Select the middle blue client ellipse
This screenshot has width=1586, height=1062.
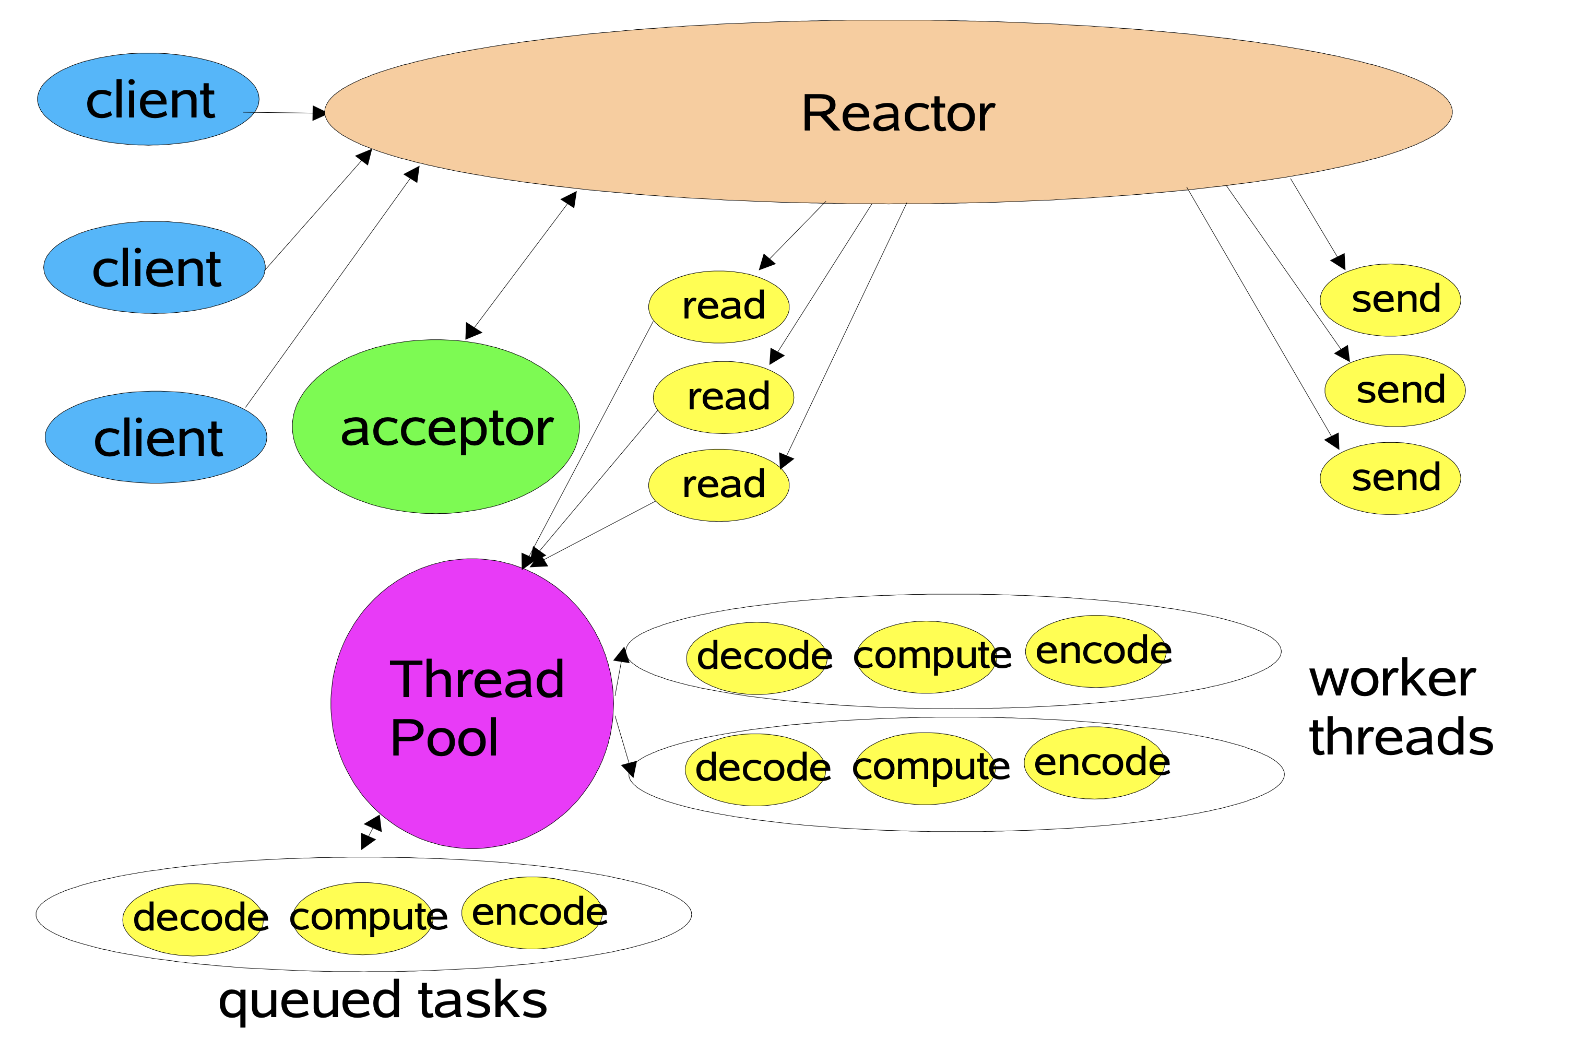155,267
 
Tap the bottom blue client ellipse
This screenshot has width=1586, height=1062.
156,437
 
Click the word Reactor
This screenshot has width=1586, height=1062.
897,113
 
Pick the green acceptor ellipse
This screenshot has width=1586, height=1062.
435,427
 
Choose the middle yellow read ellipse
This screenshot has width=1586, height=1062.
723,397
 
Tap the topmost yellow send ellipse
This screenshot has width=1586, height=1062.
1390,300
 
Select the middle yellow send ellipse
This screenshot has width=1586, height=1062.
1394,390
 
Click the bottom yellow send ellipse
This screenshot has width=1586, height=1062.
1390,478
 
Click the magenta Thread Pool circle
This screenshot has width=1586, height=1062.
472,704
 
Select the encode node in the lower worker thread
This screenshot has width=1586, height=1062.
1095,763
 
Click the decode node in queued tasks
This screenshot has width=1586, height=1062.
194,920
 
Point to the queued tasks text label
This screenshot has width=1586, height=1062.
383,1000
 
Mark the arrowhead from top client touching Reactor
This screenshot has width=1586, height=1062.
319,113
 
